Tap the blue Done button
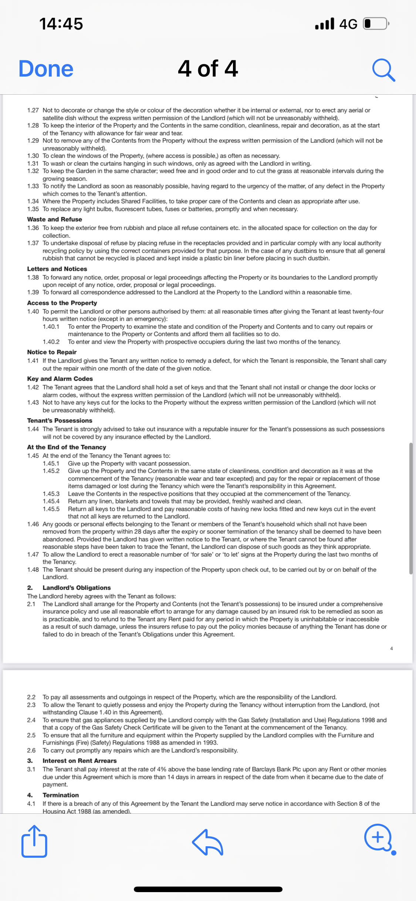[46, 69]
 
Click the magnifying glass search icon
[383, 70]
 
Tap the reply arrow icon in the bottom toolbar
[207, 842]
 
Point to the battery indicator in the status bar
[376, 24]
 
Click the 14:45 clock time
[61, 24]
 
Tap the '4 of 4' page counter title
[208, 69]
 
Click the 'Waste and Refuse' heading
[54, 219]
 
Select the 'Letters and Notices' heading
[57, 269]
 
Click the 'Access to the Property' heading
[62, 303]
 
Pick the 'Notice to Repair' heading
[52, 352]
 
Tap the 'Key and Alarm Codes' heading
[60, 379]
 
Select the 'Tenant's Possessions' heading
[60, 421]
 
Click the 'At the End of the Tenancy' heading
[67, 447]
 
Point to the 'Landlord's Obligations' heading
[77, 588]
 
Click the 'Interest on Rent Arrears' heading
[80, 761]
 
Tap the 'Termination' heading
[61, 795]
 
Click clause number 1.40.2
[51, 342]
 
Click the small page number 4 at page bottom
[392, 648]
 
